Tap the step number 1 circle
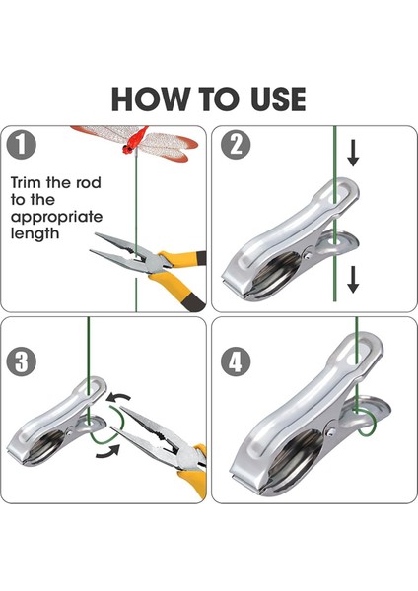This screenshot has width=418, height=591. click(21, 145)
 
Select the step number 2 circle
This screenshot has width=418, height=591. click(236, 145)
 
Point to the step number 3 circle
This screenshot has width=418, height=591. click(22, 361)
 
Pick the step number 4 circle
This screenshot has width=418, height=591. click(236, 361)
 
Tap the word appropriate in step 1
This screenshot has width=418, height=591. click(56, 218)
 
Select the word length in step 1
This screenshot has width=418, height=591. click(35, 233)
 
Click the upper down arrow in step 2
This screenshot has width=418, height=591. click(353, 153)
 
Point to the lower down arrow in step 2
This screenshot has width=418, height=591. click(353, 280)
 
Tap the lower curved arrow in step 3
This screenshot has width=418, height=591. click(108, 451)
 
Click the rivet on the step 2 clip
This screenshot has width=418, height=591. click(309, 255)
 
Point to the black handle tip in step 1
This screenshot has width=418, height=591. click(193, 302)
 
